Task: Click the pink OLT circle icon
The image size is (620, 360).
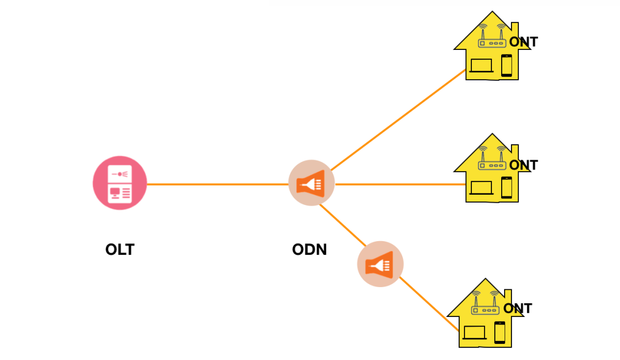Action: click(120, 183)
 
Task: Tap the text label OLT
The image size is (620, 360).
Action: click(119, 250)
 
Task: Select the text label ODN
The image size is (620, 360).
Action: click(309, 250)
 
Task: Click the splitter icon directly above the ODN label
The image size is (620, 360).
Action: click(311, 183)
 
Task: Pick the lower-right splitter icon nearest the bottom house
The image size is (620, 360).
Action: click(380, 264)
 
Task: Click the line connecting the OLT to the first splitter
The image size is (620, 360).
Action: click(218, 184)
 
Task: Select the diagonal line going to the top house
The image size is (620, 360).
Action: click(396, 121)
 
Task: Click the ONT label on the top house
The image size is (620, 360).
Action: click(523, 42)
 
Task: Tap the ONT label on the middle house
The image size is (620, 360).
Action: click(523, 165)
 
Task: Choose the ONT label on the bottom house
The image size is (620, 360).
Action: click(517, 308)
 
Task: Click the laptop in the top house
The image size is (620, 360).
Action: click(481, 65)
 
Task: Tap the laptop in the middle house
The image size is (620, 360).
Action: click(481, 188)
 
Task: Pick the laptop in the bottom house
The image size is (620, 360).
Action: click(474, 332)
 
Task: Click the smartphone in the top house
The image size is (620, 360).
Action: click(506, 65)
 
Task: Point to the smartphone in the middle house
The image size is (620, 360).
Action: click(506, 187)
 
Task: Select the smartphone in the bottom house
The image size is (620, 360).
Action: click(499, 332)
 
